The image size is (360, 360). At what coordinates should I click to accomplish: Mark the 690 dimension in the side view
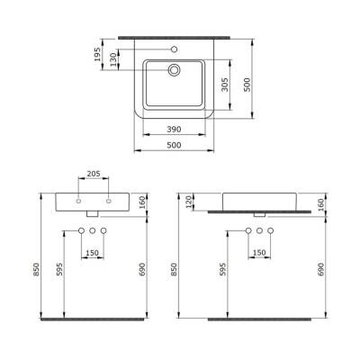pos(321,267)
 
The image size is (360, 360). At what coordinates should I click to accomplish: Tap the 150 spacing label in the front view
pos(93,252)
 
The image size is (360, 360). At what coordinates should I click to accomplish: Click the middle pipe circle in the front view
pos(93,233)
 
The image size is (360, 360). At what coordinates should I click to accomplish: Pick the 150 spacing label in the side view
pos(260,252)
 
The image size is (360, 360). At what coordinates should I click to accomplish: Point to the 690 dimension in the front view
pos(141,267)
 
